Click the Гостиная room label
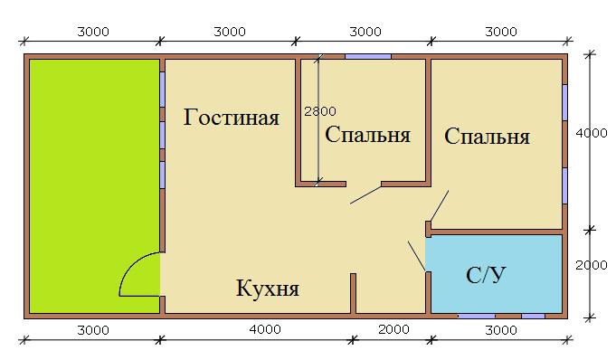232,118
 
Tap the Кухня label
268,289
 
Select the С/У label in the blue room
486,275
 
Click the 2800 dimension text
320,111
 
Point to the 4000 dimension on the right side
592,134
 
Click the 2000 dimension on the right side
592,265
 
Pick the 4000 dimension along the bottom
265,329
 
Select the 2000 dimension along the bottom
393,329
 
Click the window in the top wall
368,57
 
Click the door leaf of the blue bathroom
417,256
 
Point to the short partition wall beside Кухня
353,294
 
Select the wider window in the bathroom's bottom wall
477,316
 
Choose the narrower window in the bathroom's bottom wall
533,316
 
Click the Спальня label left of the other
368,135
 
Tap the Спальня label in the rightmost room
488,137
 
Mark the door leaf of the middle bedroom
365,195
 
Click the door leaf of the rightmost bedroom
440,206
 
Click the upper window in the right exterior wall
564,102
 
